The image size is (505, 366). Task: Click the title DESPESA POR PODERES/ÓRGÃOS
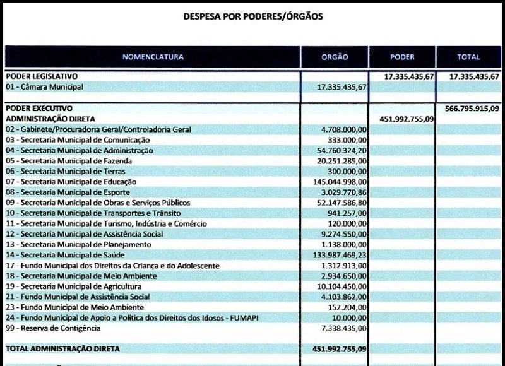252,16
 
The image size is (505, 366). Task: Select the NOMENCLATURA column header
153,57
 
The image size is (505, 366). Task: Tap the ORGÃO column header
335,57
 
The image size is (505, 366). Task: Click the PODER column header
402,57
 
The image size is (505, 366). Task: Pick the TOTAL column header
468,57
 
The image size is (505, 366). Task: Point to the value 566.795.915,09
472,108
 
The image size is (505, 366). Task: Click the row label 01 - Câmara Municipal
44,86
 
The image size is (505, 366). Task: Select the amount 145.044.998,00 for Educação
340,182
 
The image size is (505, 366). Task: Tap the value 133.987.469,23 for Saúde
340,255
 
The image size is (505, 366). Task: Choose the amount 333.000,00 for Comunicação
348,140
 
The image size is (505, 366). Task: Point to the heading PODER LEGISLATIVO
41,76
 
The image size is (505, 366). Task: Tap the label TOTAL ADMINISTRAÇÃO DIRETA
62,348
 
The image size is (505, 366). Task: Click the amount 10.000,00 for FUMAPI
350,317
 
